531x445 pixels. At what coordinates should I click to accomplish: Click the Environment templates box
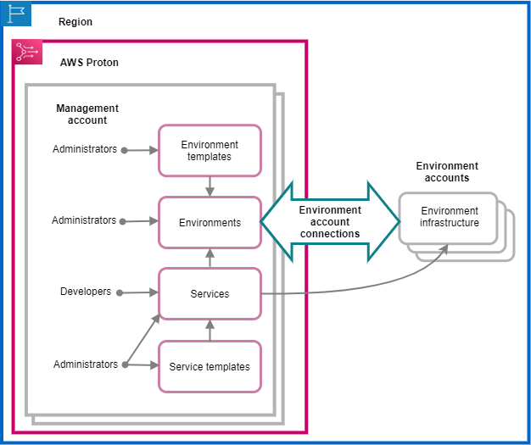[x=210, y=151]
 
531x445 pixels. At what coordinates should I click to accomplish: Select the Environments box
[x=210, y=223]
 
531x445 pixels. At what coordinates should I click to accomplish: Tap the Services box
[x=210, y=294]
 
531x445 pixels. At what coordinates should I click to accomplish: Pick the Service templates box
[x=210, y=367]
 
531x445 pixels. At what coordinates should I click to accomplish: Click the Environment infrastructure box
[x=450, y=218]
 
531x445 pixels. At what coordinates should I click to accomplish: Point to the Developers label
[x=86, y=292]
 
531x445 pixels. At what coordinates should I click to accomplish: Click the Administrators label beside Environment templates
[x=85, y=149]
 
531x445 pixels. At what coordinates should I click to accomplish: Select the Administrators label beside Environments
[x=84, y=220]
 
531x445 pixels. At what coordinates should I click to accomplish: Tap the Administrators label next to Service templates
[x=86, y=364]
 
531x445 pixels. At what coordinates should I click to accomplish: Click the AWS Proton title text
[x=89, y=63]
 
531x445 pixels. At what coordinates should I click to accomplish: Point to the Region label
[x=75, y=22]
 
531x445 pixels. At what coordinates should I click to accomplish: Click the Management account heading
[x=87, y=114]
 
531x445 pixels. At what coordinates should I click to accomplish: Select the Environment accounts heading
[x=447, y=172]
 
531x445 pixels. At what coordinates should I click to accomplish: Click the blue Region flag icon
[x=16, y=14]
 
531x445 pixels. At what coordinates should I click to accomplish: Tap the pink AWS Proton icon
[x=27, y=53]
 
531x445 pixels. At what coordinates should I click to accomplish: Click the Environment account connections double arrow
[x=330, y=222]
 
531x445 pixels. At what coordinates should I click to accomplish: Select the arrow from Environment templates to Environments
[x=210, y=186]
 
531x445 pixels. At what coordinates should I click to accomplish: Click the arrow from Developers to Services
[x=138, y=292]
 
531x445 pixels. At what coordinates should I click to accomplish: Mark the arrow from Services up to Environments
[x=210, y=258]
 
